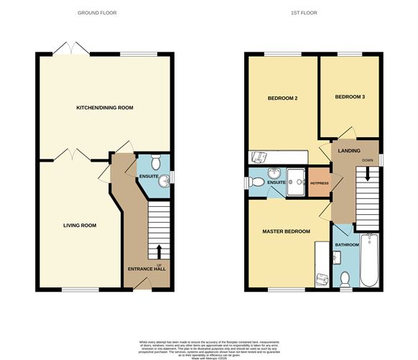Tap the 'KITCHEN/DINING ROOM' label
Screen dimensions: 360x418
[x=105, y=108]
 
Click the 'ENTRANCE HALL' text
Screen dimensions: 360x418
[x=145, y=269]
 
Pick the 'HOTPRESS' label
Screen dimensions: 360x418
[x=317, y=183]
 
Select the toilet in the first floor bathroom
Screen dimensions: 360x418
[x=345, y=279]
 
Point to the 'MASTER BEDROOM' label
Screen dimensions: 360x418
[x=285, y=231]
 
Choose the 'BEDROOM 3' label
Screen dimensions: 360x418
[x=349, y=96]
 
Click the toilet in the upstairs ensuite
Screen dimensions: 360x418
[x=253, y=183]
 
